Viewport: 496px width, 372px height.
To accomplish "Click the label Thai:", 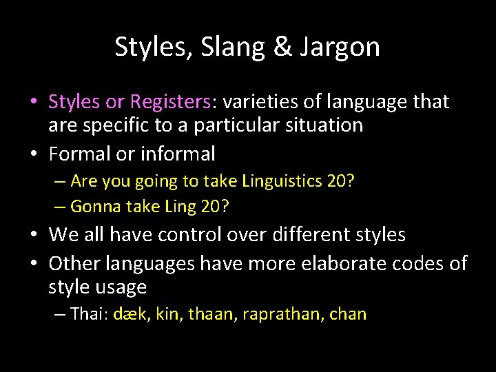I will coord(86,315).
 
